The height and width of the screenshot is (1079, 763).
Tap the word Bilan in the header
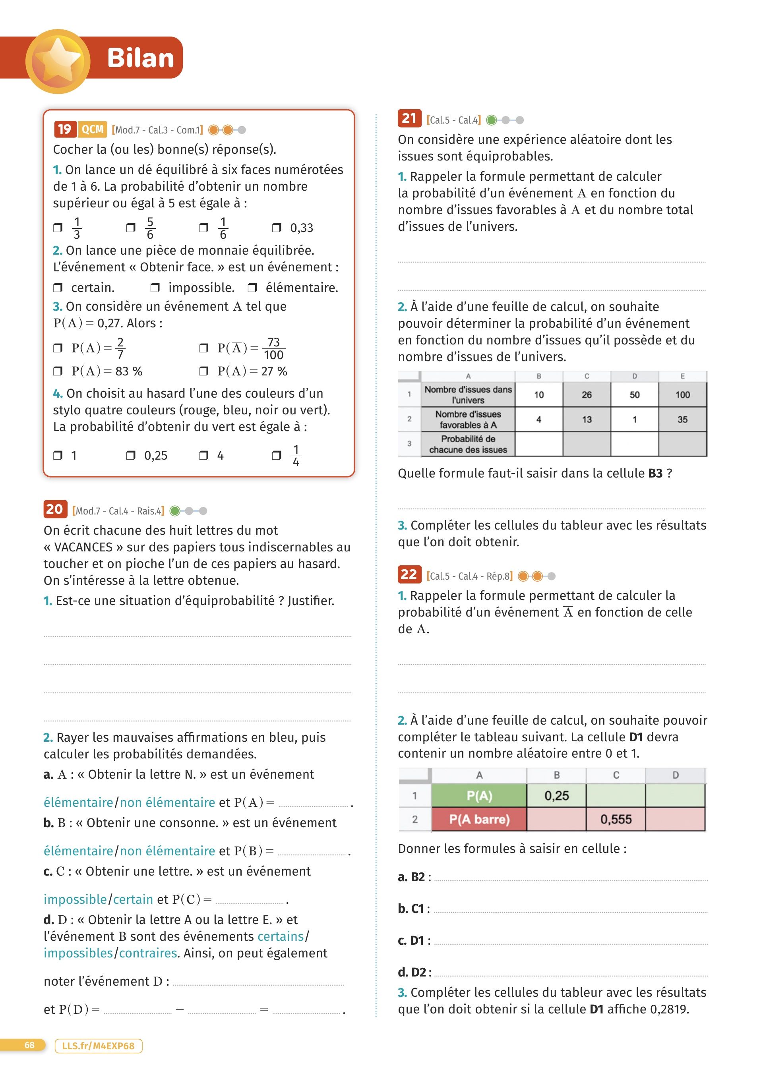(140, 58)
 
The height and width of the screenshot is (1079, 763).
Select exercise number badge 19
(64, 129)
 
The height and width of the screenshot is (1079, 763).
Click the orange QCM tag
(93, 129)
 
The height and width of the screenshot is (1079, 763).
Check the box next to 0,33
(277, 228)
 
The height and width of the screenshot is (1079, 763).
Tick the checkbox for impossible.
(155, 288)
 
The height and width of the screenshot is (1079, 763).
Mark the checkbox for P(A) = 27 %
(203, 371)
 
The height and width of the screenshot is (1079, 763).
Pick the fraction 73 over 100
(274, 348)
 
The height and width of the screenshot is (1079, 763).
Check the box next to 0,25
(131, 455)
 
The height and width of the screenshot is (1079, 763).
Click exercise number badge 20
(54, 509)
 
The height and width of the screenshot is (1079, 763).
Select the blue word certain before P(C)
(133, 899)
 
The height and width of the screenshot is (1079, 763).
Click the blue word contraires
(147, 953)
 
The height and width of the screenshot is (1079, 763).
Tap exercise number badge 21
(409, 118)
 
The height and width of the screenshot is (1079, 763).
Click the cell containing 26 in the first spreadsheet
(587, 395)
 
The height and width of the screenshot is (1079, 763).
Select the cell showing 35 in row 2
(683, 419)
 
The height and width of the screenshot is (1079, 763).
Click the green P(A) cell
(479, 796)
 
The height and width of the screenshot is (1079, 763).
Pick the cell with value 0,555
(616, 820)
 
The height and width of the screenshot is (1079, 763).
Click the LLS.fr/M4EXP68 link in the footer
(98, 1046)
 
